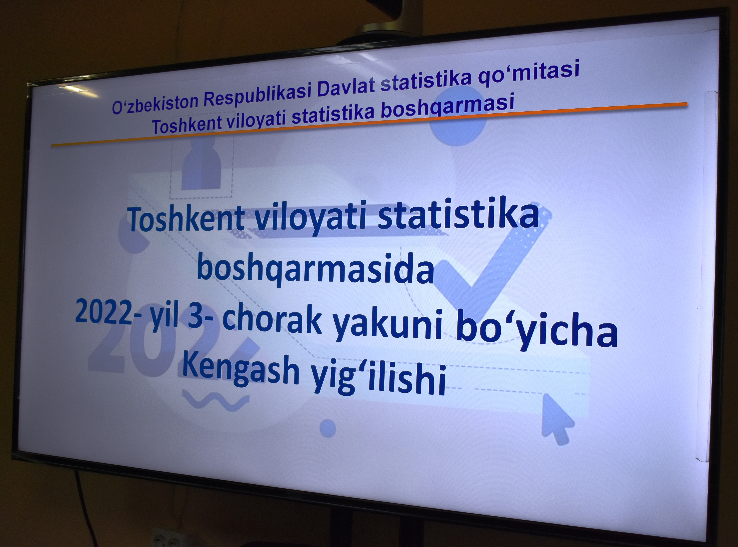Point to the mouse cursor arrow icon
pos(557,419)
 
